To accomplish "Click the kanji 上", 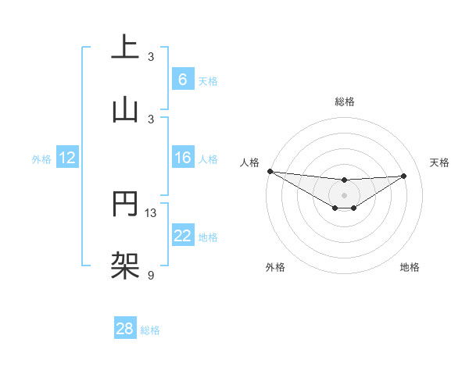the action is point(125,46).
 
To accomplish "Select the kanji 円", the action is point(125,202).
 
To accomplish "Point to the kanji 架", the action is point(125,265).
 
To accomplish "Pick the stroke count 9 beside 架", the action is point(151,275).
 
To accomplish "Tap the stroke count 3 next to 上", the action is point(151,56).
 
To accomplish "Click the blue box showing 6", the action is point(182,80).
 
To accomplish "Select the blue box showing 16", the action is point(182,158).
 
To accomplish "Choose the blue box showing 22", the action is point(182,236).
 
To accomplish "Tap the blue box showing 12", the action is point(67,158).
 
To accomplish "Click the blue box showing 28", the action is point(125,329).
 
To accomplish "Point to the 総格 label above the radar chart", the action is point(344,102).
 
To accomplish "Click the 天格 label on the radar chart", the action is point(439,162).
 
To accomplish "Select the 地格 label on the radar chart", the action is point(410,267).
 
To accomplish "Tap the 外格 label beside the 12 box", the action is point(41,159).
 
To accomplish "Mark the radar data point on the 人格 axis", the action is point(270,171).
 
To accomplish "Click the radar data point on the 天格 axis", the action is point(404,176).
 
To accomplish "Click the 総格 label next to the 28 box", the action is point(150,330).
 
